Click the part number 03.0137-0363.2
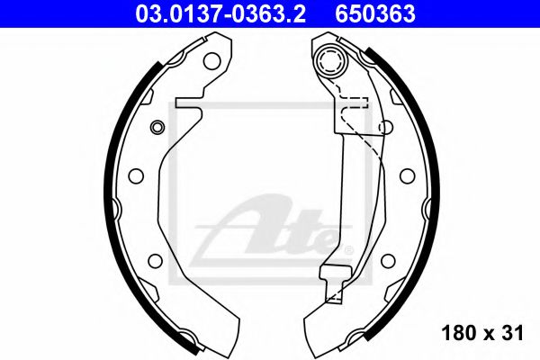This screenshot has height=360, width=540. coord(220,14)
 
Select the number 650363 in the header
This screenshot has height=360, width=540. coord(375,14)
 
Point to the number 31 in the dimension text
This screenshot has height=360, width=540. coord(512,333)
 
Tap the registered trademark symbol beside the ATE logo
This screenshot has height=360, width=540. coord(348,250)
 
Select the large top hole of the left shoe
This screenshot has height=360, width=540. coord(211,61)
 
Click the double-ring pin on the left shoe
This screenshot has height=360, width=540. coord(157,127)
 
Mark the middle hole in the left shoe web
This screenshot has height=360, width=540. coord(136,176)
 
